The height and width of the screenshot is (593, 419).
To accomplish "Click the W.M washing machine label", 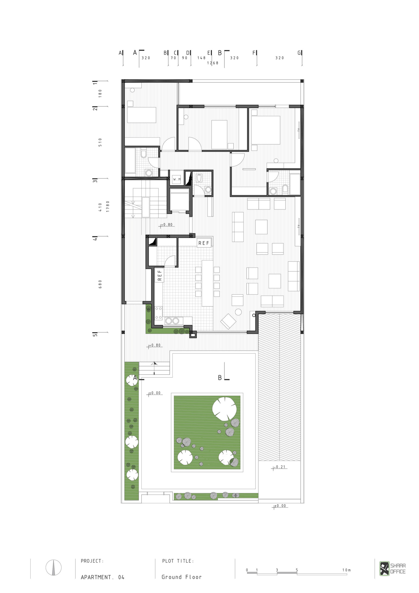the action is click(x=177, y=179).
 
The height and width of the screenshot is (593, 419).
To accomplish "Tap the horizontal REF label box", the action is click(x=204, y=243).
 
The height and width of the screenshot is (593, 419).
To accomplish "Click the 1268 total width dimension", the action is click(x=213, y=63).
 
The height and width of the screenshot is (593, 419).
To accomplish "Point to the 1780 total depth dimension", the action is click(x=108, y=206).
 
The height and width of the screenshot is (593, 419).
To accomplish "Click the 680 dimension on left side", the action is click(x=100, y=284).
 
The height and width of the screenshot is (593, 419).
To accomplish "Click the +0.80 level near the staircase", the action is click(x=166, y=225).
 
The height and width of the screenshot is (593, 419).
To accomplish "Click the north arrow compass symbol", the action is click(x=53, y=567).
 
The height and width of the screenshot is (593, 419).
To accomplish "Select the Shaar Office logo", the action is click(x=392, y=568).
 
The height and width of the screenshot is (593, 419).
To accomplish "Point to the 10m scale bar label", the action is click(x=347, y=563).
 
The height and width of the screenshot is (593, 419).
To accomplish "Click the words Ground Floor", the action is click(x=181, y=577).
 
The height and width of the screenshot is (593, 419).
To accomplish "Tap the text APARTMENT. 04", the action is click(x=103, y=577).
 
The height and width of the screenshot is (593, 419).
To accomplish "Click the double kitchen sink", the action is click(x=172, y=321).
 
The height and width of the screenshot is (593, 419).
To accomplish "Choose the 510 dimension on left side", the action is click(x=100, y=142).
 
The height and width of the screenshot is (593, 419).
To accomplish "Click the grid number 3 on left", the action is click(x=95, y=181).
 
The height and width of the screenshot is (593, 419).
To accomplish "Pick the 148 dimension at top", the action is click(x=201, y=58).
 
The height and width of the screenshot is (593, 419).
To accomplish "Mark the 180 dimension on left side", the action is click(x=100, y=93).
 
